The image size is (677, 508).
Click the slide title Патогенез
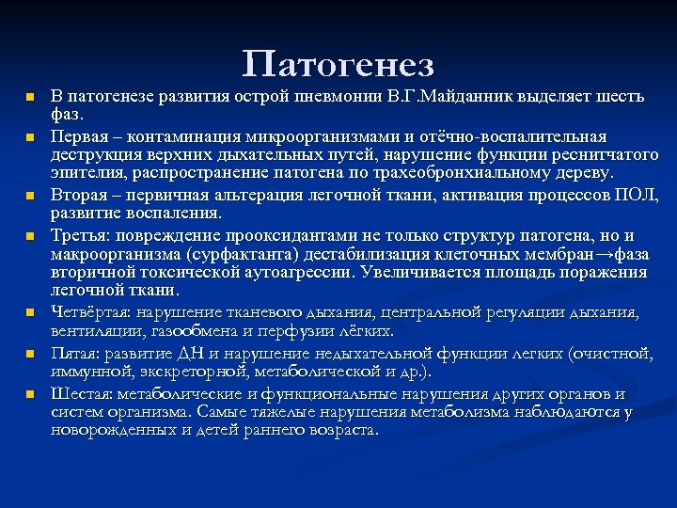(x=338, y=64)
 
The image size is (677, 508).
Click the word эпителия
(x=83, y=173)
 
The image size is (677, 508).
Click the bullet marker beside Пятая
(x=29, y=354)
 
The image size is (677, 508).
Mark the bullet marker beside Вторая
(x=29, y=196)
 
